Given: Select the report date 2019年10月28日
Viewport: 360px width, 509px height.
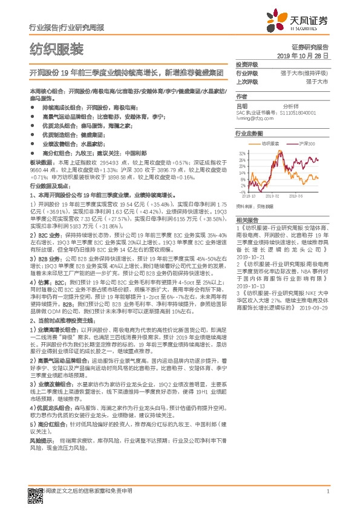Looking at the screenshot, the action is (306, 56).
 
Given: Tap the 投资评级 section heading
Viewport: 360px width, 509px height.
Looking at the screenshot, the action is (247, 65).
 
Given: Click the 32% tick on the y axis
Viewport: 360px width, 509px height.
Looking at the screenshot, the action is (242, 153).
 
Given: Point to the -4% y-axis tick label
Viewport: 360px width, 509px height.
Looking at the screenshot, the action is (241, 192).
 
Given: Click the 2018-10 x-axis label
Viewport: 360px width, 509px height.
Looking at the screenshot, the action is (249, 196).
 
